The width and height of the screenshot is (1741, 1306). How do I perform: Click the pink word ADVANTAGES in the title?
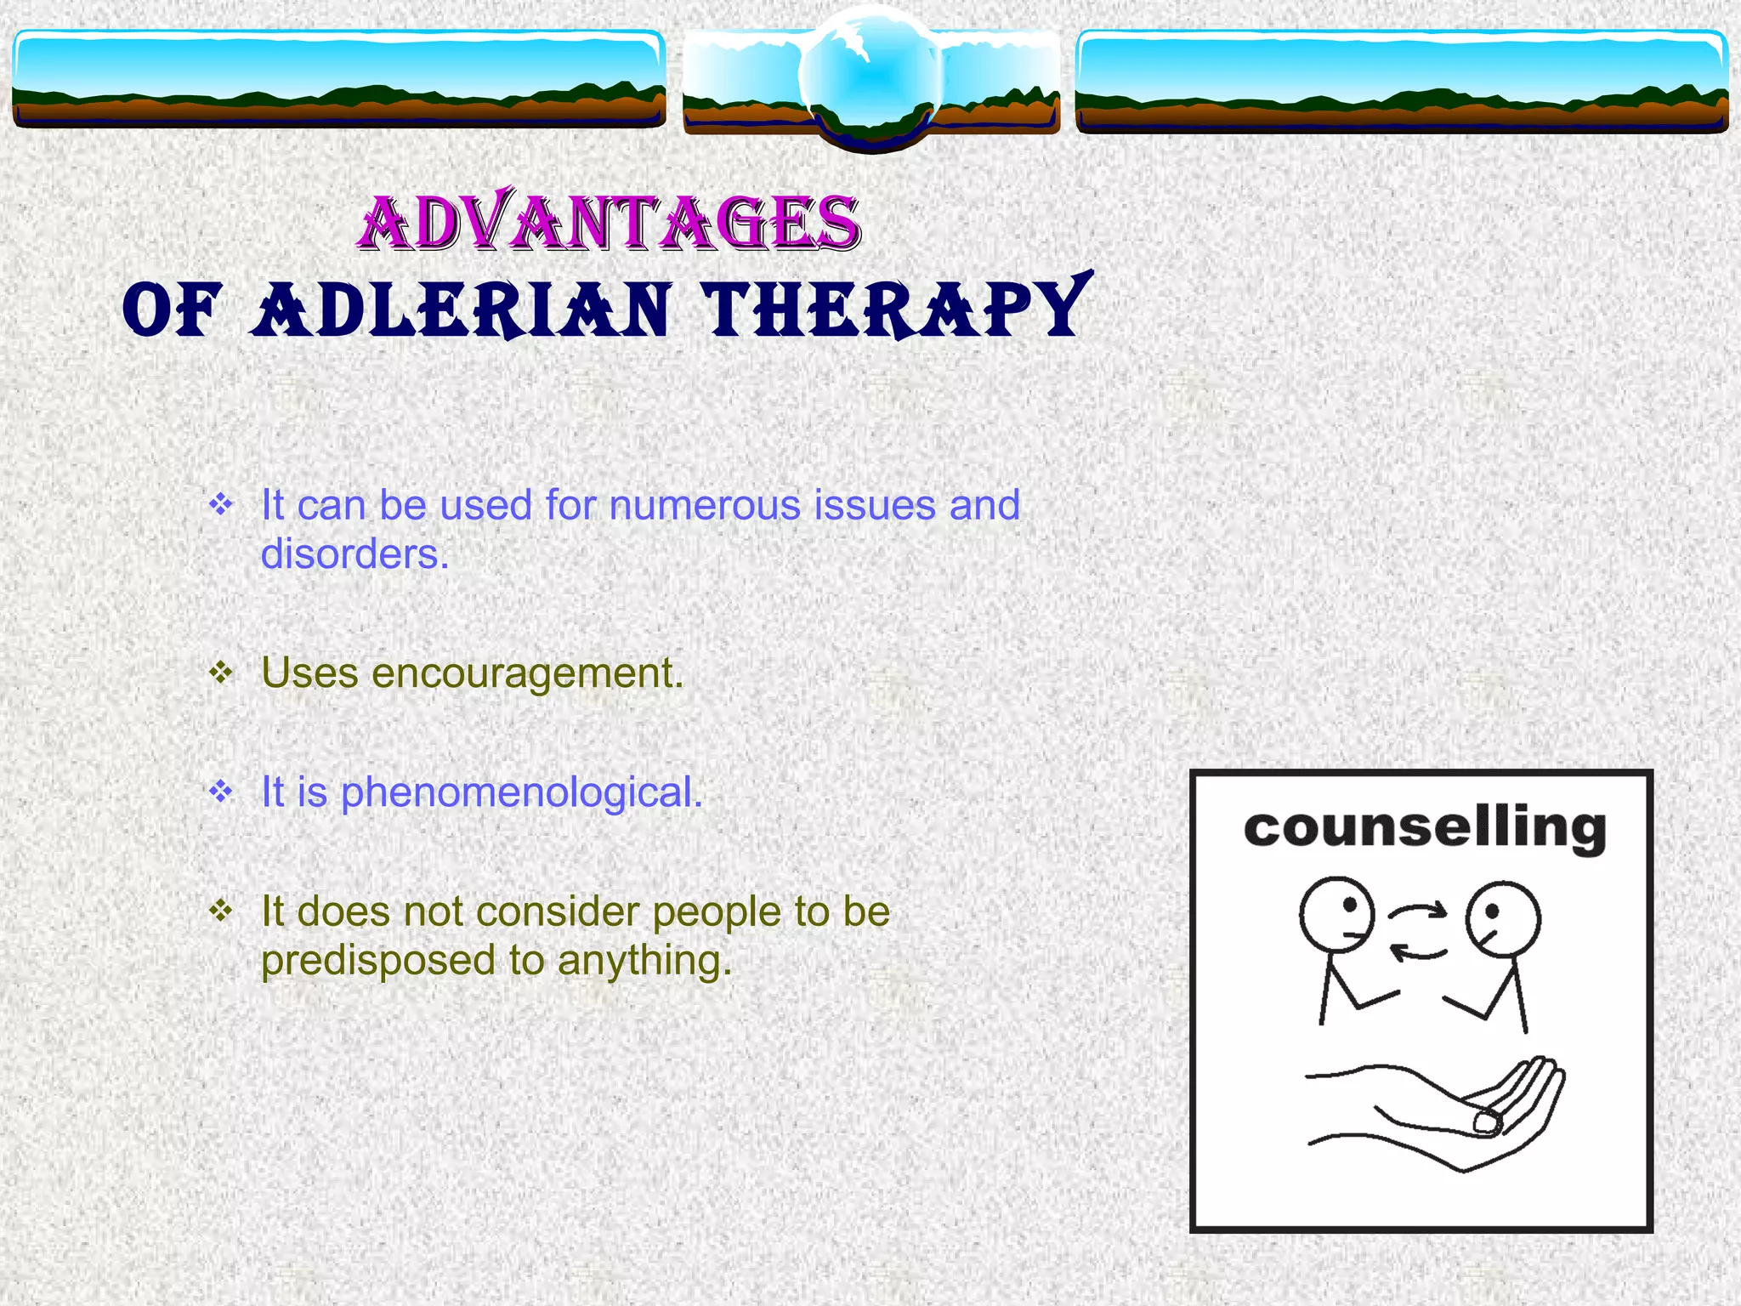(x=609, y=223)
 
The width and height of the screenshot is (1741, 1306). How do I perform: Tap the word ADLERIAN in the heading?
(x=462, y=310)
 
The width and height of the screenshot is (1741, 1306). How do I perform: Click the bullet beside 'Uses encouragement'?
(x=221, y=673)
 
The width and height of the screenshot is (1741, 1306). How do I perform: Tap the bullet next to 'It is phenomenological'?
(x=221, y=792)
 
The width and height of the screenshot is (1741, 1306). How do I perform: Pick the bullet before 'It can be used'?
(x=221, y=505)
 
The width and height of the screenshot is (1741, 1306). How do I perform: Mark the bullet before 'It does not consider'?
(x=221, y=911)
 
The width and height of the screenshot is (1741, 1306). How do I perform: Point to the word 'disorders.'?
(x=354, y=554)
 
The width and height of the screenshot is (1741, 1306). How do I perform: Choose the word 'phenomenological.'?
(x=521, y=793)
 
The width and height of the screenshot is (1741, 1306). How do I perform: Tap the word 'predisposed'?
(x=377, y=961)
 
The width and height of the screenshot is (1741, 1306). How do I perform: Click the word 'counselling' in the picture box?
(x=1424, y=828)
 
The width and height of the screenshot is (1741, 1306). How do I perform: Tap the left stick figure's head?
(x=1336, y=915)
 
